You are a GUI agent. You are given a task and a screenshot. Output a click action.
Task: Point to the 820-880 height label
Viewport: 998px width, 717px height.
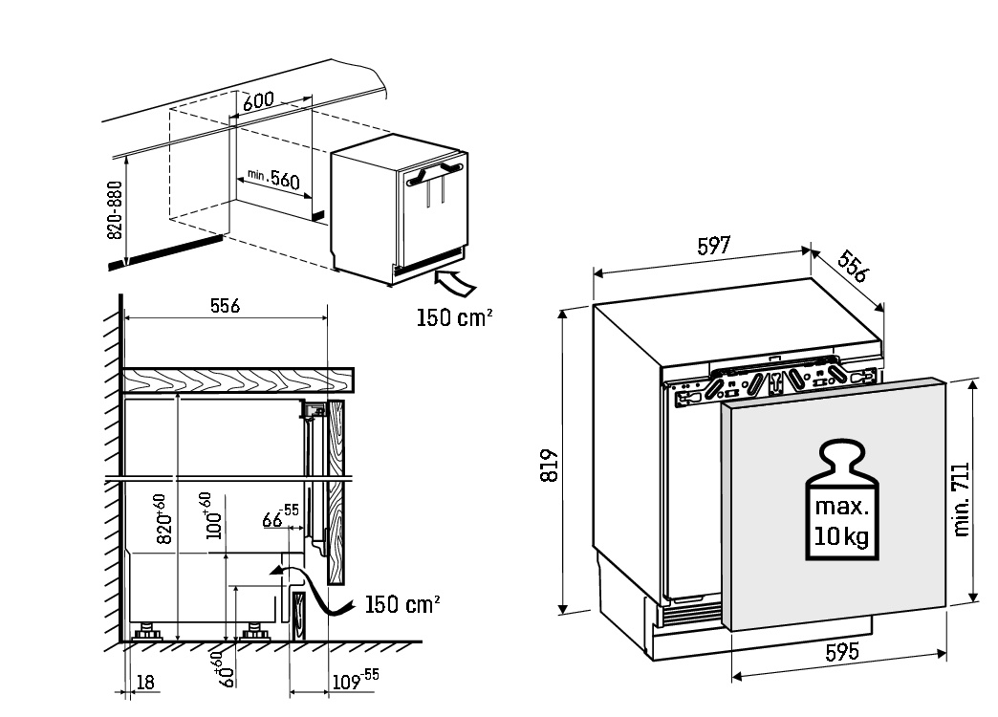(114, 210)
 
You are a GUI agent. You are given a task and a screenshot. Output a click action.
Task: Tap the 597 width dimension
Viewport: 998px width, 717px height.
(713, 245)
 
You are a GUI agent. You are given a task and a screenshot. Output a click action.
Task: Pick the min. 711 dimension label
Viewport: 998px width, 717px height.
(962, 499)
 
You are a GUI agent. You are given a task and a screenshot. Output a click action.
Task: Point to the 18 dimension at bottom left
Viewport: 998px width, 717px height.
(145, 682)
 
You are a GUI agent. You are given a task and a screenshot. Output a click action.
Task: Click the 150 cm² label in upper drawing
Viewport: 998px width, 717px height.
(454, 316)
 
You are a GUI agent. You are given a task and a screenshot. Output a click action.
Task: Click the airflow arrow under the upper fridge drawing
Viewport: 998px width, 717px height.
(455, 282)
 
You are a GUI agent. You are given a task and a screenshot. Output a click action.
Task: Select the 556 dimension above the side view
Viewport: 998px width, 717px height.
(225, 306)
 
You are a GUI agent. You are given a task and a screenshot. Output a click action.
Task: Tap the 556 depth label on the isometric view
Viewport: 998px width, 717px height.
(852, 268)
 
